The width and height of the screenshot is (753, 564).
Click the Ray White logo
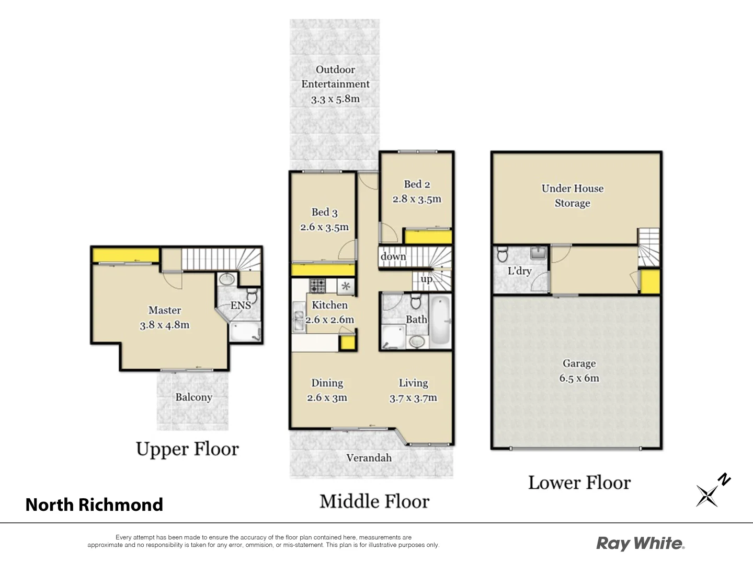(640, 543)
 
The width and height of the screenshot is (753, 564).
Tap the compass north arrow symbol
(711, 491)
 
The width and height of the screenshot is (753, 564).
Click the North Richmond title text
(94, 504)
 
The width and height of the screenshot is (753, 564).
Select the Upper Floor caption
(187, 449)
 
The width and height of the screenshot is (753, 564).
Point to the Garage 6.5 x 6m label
(579, 371)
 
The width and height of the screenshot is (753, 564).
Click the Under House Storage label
(573, 196)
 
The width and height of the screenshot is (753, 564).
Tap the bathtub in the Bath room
(441, 320)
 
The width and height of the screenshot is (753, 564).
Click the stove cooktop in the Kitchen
(317, 286)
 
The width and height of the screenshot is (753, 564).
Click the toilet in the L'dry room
(503, 254)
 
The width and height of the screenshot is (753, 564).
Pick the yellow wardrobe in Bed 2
(428, 237)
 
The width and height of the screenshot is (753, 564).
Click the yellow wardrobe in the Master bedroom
(125, 255)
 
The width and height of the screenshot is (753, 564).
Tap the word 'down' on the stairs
(393, 256)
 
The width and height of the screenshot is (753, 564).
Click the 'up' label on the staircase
(427, 279)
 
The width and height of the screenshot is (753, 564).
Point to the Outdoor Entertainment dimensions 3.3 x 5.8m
(335, 99)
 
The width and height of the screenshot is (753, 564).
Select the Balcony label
(193, 397)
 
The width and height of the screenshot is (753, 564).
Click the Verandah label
(369, 457)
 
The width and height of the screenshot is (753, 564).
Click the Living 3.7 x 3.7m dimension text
(413, 398)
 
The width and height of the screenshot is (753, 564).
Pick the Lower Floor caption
(579, 483)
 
